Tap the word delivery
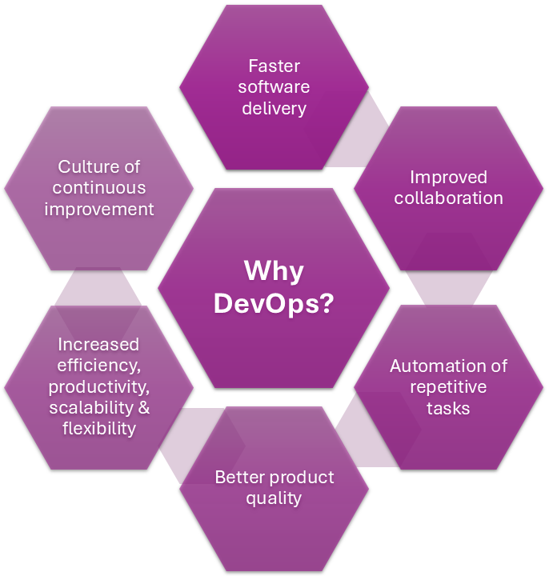[x=274, y=107]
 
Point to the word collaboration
[x=448, y=198]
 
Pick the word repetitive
[x=448, y=387]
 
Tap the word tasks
[x=448, y=408]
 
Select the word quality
[x=274, y=498]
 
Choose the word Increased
[x=98, y=345]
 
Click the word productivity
[x=98, y=387]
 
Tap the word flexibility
[x=98, y=428]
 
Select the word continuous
[x=98, y=188]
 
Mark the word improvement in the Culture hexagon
[x=98, y=209]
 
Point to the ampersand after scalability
[x=144, y=407]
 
